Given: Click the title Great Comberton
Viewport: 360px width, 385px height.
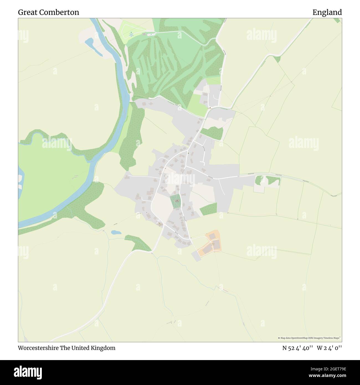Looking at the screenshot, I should pos(48,12).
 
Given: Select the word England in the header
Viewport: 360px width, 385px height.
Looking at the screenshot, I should pos(327,12).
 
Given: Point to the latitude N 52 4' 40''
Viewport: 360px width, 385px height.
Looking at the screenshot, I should pos(297,348).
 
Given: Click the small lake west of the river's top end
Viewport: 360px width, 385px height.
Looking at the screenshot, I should pos(89,42).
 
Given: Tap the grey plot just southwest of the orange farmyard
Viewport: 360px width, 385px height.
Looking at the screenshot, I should pos(196,256).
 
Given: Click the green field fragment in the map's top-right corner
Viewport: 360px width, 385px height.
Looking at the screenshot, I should pos(337,20).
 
